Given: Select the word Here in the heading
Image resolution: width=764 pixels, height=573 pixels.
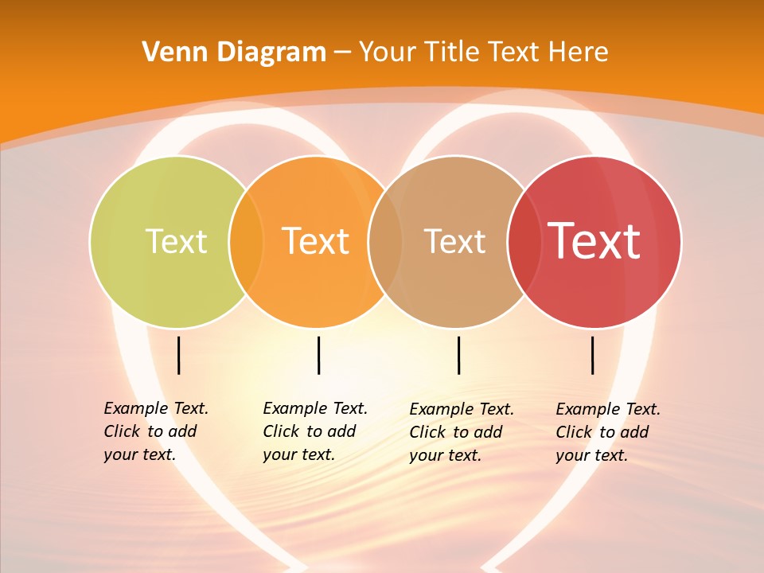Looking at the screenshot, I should [x=579, y=53].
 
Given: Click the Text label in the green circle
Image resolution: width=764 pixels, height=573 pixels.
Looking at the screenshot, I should [x=176, y=241].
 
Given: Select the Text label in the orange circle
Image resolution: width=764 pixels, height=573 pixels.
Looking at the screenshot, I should [x=315, y=241].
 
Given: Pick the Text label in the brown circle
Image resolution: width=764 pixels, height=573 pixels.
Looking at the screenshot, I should [x=454, y=241].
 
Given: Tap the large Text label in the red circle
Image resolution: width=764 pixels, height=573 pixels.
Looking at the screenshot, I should [x=594, y=241].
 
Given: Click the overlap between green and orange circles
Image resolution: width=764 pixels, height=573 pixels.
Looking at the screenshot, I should [x=246, y=242].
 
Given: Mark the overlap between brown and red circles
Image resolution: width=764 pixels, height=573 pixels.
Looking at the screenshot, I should [x=523, y=242].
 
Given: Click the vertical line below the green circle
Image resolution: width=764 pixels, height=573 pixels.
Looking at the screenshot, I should [x=178, y=355].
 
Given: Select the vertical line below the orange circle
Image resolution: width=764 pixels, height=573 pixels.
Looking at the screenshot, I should [x=318, y=355].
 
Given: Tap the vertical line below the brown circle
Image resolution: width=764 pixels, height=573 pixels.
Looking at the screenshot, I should [x=458, y=355].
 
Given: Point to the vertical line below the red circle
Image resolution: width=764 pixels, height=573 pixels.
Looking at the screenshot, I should [x=592, y=355].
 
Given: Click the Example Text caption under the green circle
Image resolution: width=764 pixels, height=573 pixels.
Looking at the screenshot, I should [x=156, y=431].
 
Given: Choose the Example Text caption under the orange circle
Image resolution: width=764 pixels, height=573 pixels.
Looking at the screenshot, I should [x=315, y=431].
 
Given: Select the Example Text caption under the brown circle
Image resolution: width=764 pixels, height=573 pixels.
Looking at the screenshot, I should [x=462, y=432].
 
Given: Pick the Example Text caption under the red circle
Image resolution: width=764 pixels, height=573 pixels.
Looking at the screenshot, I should [x=608, y=432].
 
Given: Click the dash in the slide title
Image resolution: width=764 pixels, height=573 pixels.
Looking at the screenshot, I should [x=342, y=53].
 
